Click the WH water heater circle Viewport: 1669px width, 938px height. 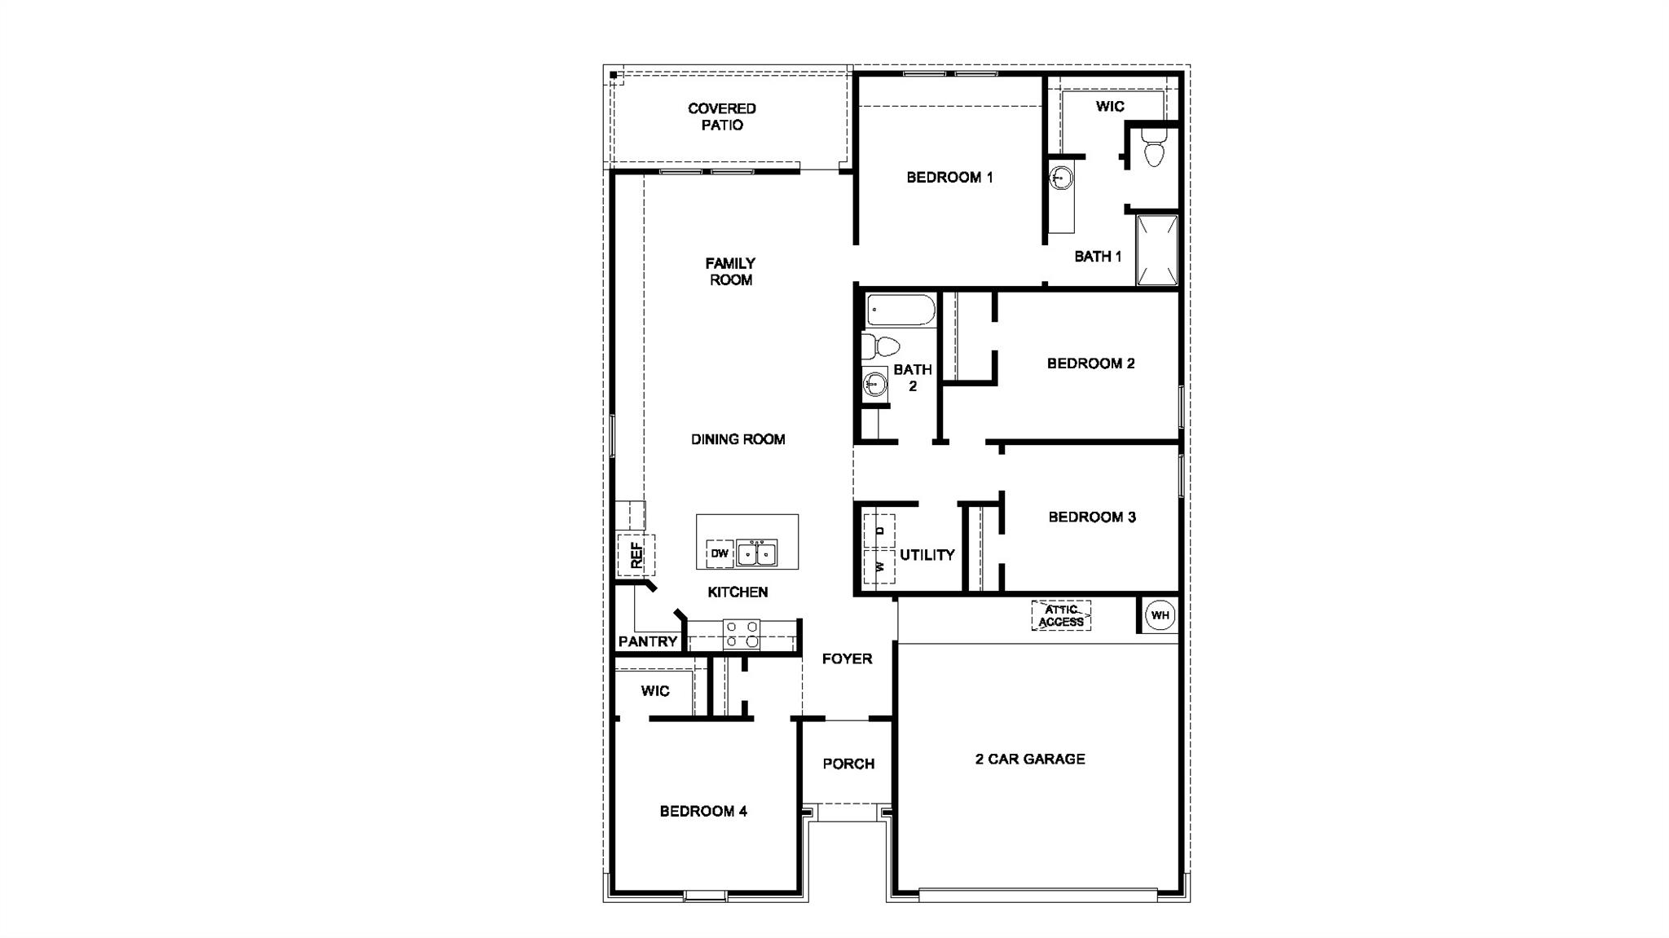point(1160,615)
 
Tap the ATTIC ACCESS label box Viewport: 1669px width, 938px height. point(1061,615)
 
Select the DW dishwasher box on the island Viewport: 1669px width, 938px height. point(720,553)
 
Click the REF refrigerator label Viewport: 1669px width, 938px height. point(636,555)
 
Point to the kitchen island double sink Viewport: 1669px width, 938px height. point(756,553)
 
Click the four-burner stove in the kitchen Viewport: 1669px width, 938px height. point(742,634)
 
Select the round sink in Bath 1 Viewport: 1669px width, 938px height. point(1061,177)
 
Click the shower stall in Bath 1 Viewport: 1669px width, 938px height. point(1157,249)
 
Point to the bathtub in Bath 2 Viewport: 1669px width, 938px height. point(901,310)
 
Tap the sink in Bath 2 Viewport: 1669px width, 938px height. point(875,382)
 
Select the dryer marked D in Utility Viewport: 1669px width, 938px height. point(879,531)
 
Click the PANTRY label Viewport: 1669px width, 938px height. point(648,641)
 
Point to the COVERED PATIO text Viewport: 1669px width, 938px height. point(722,117)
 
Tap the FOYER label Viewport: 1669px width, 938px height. point(847,658)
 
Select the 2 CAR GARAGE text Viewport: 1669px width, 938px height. point(1030,759)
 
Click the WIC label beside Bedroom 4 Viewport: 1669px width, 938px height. point(654,691)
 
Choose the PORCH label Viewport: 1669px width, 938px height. point(848,764)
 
